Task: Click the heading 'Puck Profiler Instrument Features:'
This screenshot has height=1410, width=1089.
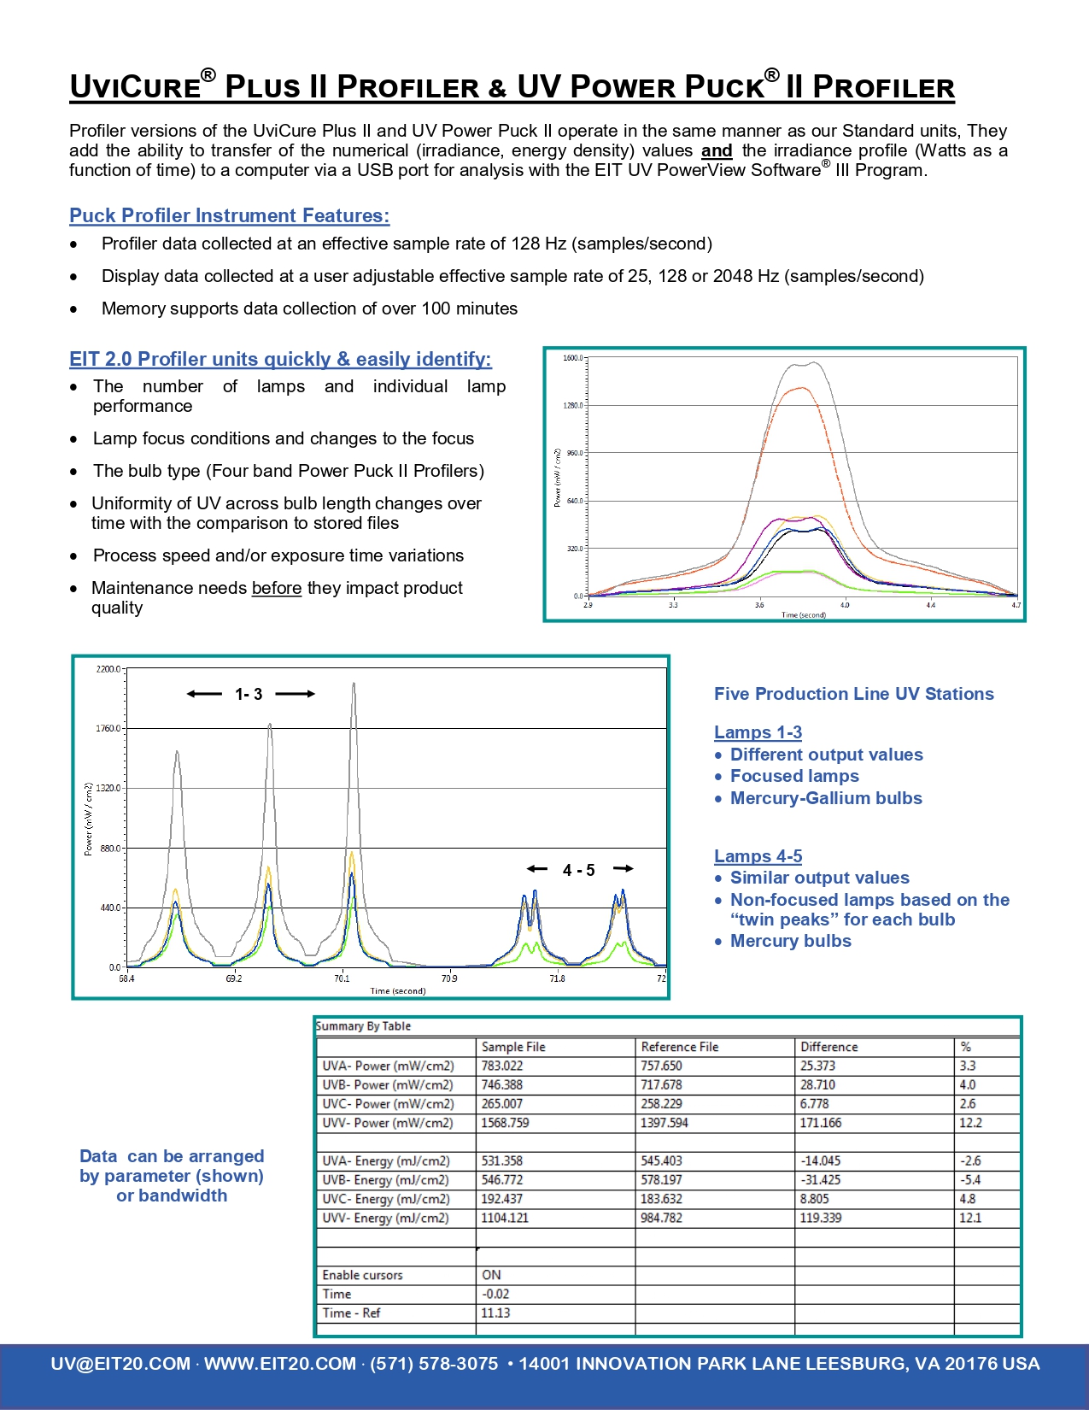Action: click(x=229, y=215)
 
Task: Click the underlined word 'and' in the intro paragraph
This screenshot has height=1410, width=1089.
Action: click(x=717, y=151)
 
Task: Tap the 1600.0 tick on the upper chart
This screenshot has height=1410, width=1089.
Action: click(x=572, y=358)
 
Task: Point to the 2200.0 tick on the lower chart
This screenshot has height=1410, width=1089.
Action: click(x=108, y=669)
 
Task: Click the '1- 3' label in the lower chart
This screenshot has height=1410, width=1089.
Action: click(x=249, y=695)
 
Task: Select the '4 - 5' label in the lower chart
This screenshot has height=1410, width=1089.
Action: click(x=578, y=870)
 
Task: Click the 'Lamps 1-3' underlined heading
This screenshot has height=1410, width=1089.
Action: click(x=758, y=732)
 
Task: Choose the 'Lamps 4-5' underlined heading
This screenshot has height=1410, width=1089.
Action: click(x=758, y=856)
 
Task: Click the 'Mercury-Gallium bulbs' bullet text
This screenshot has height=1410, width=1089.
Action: click(x=826, y=798)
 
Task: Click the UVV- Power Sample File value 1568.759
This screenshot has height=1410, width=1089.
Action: click(x=505, y=1123)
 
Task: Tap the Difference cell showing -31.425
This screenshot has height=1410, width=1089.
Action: click(x=820, y=1180)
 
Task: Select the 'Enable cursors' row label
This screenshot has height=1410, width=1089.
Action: click(x=362, y=1275)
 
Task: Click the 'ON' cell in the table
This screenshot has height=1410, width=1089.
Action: click(x=491, y=1275)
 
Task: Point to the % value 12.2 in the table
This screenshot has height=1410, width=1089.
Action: click(x=970, y=1123)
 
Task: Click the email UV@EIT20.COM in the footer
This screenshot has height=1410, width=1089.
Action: click(x=120, y=1364)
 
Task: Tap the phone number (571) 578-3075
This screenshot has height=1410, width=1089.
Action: click(x=434, y=1364)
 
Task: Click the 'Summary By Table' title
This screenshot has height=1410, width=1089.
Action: click(x=363, y=1026)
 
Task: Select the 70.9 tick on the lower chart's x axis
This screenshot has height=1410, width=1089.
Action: click(x=449, y=978)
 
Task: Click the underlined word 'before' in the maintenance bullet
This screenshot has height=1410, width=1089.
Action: click(x=276, y=588)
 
